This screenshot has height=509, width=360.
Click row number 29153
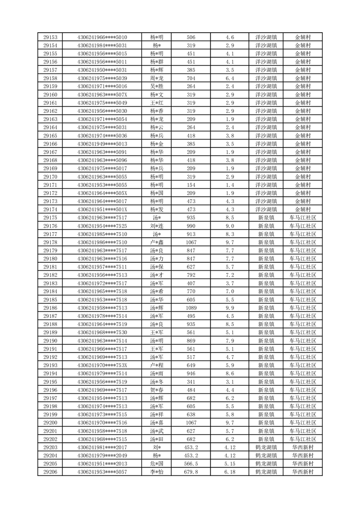50,37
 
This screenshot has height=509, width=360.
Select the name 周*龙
157,78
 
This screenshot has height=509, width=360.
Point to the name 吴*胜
157,86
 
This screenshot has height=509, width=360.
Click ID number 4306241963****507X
102,94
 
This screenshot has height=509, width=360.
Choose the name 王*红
157,103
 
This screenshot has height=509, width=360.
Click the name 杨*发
157,210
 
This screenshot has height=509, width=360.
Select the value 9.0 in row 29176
229,226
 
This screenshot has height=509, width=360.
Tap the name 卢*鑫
157,242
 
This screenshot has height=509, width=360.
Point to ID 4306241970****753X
102,365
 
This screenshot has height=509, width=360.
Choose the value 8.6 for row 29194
229,373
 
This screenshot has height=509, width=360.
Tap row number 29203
50,447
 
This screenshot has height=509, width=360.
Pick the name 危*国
157,464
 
